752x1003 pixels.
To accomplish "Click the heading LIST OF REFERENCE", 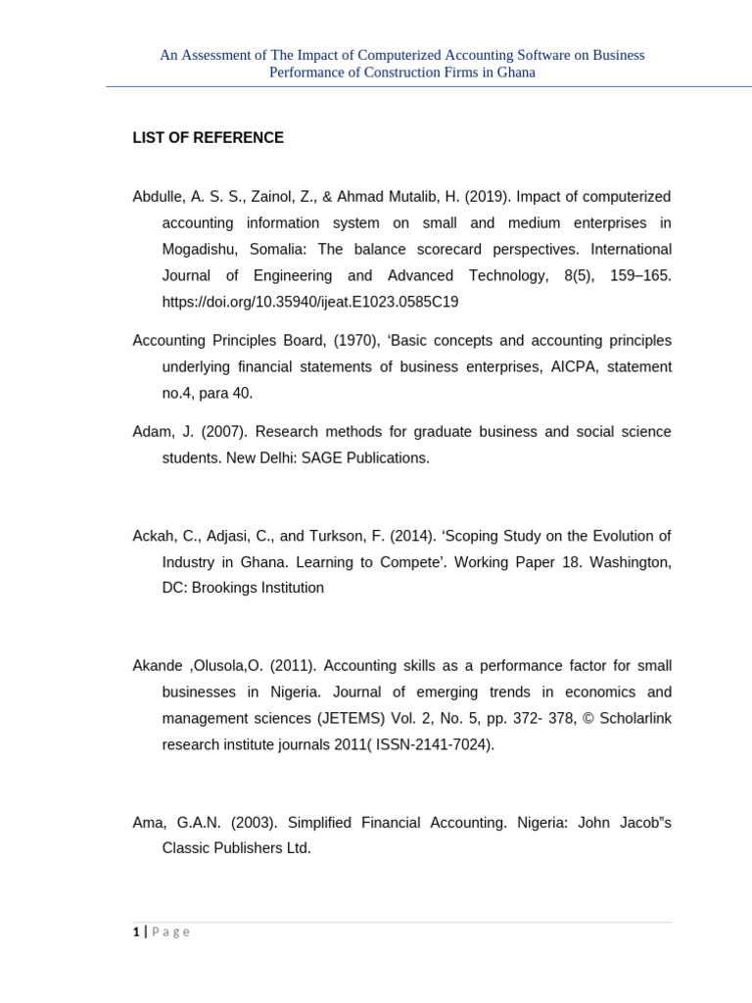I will (208, 138).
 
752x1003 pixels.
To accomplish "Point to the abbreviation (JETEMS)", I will (353, 719).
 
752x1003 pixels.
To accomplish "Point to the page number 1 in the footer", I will (136, 932).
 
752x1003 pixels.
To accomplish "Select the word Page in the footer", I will (170, 932).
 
